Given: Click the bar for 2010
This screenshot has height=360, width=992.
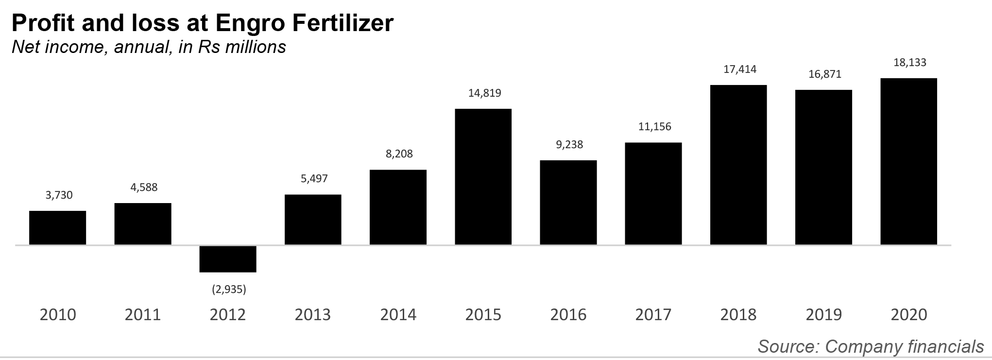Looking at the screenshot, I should tap(57, 227).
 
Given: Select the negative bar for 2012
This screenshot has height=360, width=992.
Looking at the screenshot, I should tap(228, 259).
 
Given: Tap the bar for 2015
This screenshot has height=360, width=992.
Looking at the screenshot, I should tap(483, 176).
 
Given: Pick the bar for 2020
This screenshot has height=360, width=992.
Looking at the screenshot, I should tap(908, 161).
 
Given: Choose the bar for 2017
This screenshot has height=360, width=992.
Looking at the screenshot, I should tap(653, 193).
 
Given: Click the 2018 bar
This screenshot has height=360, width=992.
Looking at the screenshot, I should tap(738, 165).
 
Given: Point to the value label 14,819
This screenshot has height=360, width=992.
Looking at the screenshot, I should tap(484, 93).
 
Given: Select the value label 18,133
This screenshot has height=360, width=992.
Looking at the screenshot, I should tap(910, 62).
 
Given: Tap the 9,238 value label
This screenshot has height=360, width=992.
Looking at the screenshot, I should tap(569, 144).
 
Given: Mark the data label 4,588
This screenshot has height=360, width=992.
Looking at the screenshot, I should tap(144, 187).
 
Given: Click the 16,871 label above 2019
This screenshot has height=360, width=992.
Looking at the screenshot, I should tap(825, 74).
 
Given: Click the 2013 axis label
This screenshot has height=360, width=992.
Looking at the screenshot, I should tap(313, 315).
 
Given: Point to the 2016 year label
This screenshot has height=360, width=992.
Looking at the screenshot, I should tap(568, 315).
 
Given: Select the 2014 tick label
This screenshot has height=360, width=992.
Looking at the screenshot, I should tap(398, 315).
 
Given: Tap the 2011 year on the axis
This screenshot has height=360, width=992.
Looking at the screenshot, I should tap(143, 315).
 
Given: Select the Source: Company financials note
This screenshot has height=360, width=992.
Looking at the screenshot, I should tap(871, 346).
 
